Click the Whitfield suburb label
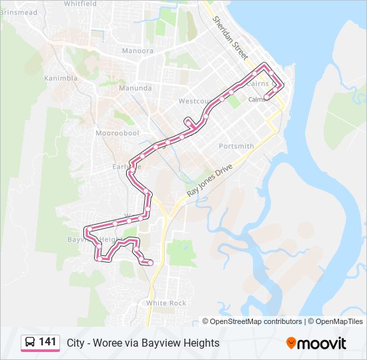(80, 3)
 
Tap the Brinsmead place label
(19, 12)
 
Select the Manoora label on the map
(137, 51)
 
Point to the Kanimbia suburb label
(61, 78)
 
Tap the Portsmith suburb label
(236, 146)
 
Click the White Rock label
(166, 303)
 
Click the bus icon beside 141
(30, 343)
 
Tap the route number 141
(47, 342)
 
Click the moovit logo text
(322, 343)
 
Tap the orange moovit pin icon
(291, 343)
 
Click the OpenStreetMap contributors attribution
(256, 321)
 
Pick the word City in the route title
(75, 343)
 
